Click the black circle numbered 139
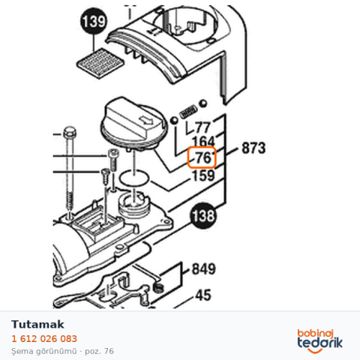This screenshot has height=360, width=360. (94, 21)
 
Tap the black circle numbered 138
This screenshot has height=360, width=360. (202, 215)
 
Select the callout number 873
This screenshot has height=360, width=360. (253, 148)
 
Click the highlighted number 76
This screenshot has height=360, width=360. (202, 157)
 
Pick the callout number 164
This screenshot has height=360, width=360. (203, 142)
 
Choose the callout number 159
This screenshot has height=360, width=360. (203, 175)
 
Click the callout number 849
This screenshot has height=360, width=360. (203, 269)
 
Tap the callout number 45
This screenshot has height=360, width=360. (203, 295)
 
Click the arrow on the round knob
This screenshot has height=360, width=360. (146, 121)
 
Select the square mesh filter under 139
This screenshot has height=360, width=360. (100, 63)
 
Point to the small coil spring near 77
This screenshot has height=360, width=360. (188, 112)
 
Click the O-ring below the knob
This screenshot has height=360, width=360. (134, 178)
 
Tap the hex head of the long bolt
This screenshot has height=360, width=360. (70, 133)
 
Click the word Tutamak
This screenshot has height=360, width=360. (37, 325)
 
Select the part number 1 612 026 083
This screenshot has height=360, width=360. (44, 339)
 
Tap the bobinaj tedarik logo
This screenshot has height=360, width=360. (319, 341)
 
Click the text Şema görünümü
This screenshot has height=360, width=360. (44, 351)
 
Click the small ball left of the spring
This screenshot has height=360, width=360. (173, 121)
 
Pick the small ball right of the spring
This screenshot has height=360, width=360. (203, 103)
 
